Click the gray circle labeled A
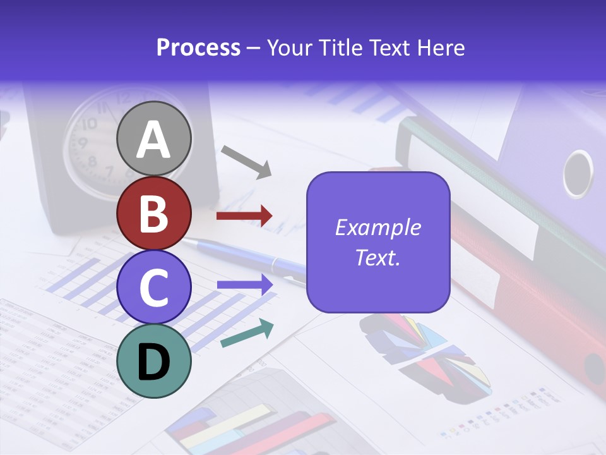click(154, 138)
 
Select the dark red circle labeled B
click(154, 214)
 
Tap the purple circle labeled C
click(154, 287)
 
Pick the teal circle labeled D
click(154, 361)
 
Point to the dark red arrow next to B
click(244, 216)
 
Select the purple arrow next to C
click(244, 285)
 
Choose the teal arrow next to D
click(247, 333)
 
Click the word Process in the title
click(198, 47)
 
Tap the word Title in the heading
click(340, 47)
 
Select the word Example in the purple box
click(377, 227)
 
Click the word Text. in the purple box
click(377, 257)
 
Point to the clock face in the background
click(95, 142)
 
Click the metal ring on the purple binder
click(577, 173)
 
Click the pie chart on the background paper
click(423, 354)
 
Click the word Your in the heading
click(291, 47)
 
